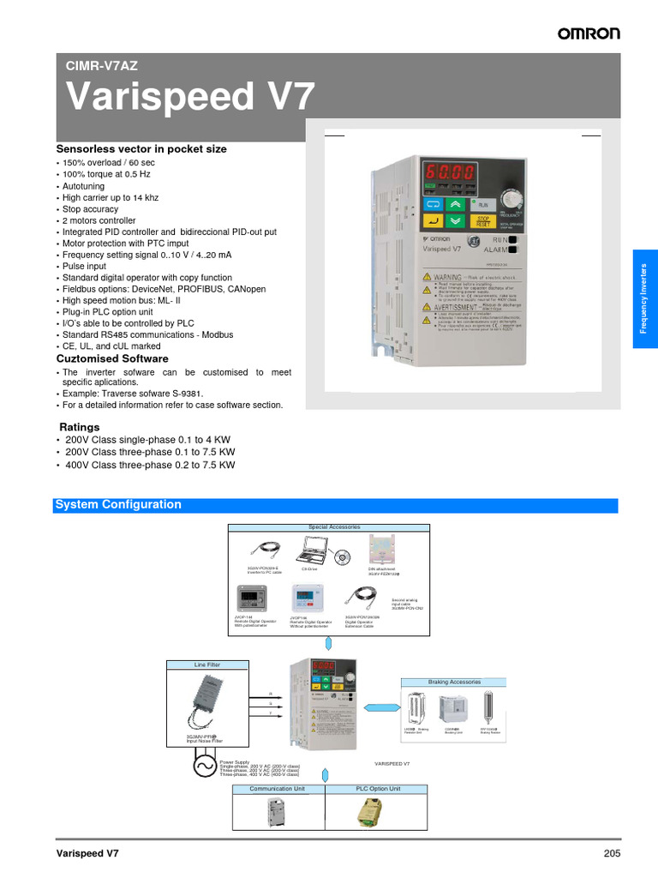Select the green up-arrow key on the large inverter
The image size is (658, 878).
pos(454,205)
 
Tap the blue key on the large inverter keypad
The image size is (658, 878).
pos(433,205)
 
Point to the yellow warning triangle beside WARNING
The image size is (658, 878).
pos(427,277)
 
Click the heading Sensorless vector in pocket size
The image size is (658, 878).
pos(141,148)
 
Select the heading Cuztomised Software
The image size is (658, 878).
pos(112,358)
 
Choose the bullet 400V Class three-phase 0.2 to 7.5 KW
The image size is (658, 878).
pos(149,465)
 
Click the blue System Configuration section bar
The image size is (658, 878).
pos(335,505)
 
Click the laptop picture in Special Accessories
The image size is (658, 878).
pos(314,550)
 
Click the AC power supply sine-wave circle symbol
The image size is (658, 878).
pos(206,766)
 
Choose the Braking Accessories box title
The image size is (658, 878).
pos(454,682)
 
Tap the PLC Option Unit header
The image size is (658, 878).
pos(378,788)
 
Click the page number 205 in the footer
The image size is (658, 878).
pos(611,853)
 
